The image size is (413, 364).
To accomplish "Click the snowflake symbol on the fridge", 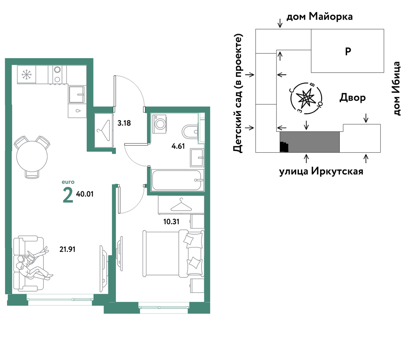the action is (x=26, y=74).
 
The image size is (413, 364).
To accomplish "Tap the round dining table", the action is (x=32, y=157).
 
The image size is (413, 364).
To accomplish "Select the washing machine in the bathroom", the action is (x=160, y=124).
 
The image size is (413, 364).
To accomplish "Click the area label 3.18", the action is (x=124, y=123).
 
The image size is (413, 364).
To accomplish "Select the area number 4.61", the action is (x=178, y=146).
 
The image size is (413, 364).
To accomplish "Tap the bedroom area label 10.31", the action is (x=171, y=221).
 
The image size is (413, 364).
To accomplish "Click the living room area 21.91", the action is (x=67, y=249).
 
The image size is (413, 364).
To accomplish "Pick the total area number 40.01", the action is (x=85, y=194).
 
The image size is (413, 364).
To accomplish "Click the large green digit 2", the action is (x=68, y=195).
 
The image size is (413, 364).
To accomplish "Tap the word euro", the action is (x=68, y=182).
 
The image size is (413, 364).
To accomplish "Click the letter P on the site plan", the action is (x=348, y=51).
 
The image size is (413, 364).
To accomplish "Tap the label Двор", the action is (x=352, y=98).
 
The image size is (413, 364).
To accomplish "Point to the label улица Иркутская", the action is (x=321, y=171).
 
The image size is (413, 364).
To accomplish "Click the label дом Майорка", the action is (x=319, y=17).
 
